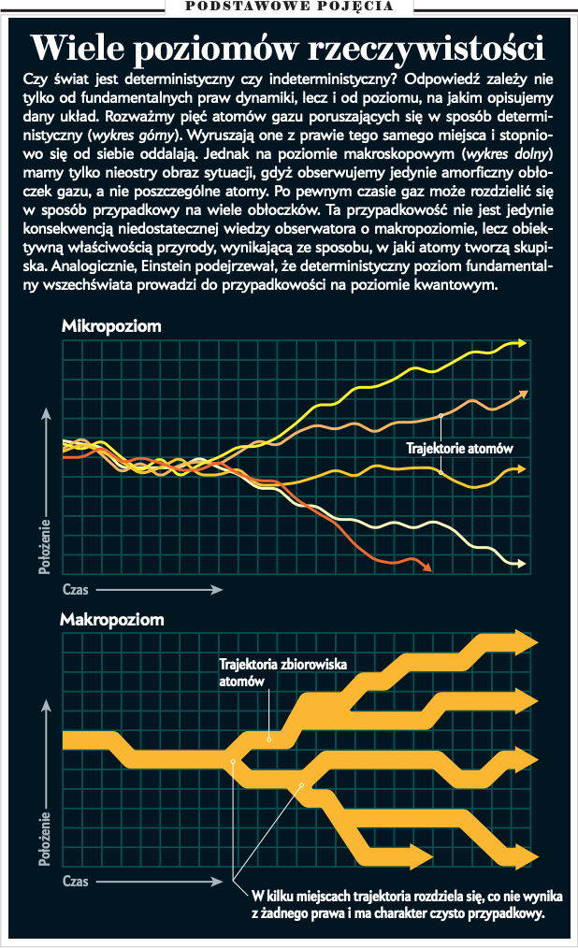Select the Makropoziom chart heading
tap(112, 619)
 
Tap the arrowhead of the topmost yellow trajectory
tap(522, 345)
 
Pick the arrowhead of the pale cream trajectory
tap(524, 563)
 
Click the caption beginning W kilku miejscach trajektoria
tap(397, 903)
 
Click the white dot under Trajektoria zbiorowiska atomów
tap(268, 739)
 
